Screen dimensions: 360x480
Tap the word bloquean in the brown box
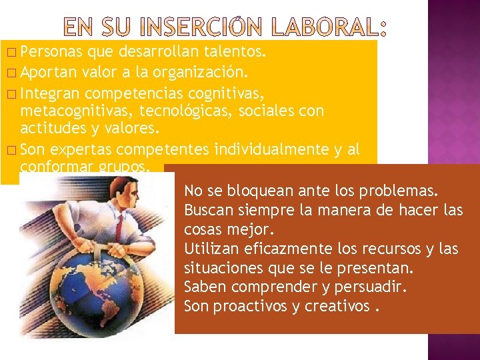pos(259,191)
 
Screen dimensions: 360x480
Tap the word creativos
pos(337,307)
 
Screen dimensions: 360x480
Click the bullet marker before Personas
pos(7,51)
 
